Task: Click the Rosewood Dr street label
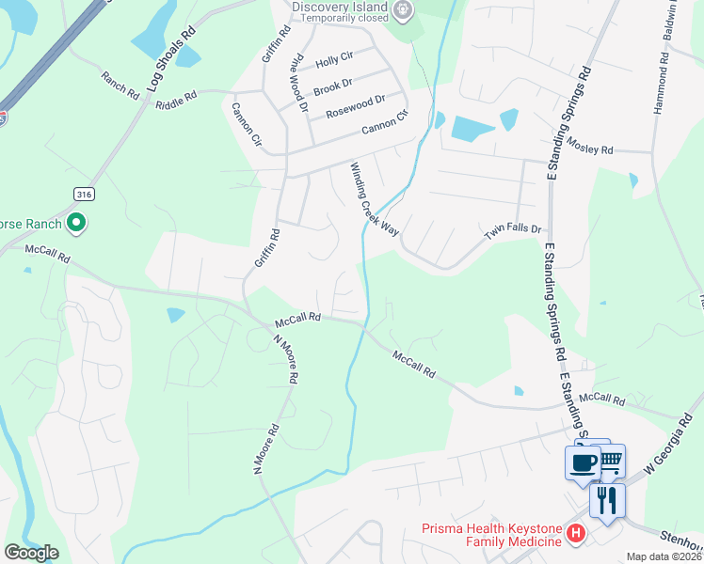356,106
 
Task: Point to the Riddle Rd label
177,96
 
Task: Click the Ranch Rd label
120,84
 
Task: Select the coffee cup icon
583,462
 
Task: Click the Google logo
31,553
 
